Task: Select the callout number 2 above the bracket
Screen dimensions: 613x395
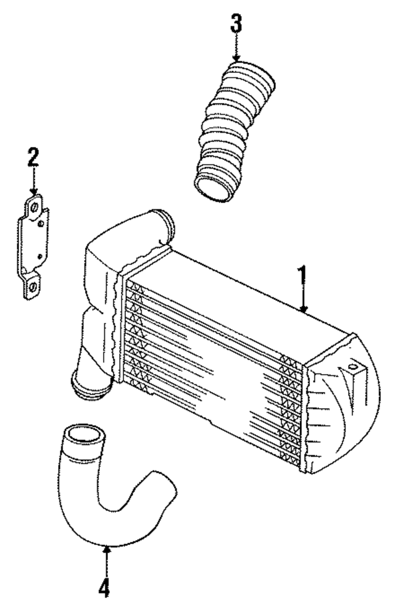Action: click(x=33, y=158)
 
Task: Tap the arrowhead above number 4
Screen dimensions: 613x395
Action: click(x=106, y=548)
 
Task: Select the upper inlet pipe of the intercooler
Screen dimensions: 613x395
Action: click(x=164, y=222)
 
